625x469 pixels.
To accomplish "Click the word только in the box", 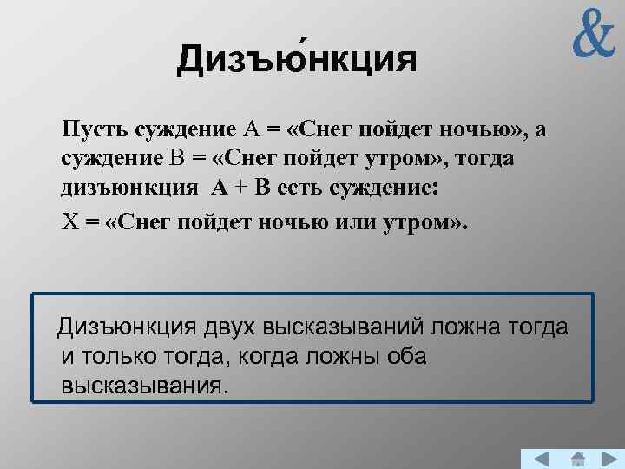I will pos(128,357).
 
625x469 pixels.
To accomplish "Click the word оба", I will pos(407,357).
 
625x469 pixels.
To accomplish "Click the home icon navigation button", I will pos(578,459).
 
